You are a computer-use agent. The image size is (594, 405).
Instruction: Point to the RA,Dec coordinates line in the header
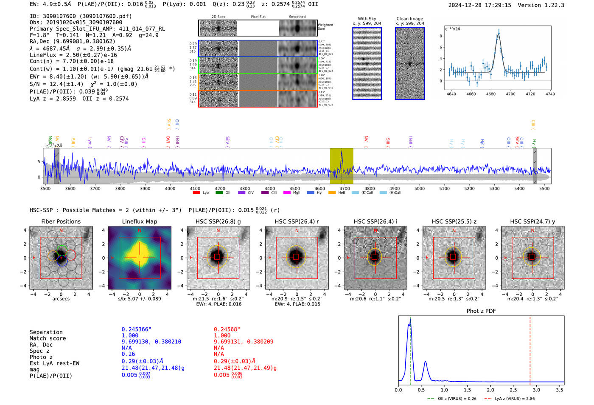(x=73, y=41)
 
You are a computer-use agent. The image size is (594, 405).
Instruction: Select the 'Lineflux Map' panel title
(x=139, y=221)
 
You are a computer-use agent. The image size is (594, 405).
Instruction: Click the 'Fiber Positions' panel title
(x=61, y=221)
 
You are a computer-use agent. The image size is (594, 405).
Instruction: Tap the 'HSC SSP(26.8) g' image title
(x=218, y=221)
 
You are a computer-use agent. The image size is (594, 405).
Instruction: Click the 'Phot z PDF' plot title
(x=481, y=311)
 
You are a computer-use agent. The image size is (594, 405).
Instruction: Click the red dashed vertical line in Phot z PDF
(x=530, y=348)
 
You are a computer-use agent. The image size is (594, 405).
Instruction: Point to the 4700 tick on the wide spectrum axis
(x=345, y=188)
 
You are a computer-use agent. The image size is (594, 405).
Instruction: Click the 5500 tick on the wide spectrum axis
(x=544, y=188)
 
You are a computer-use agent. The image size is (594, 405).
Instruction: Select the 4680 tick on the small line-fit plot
(x=491, y=94)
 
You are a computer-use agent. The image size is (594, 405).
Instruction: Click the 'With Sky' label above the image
(x=367, y=19)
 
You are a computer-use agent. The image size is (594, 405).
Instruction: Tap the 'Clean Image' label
(x=409, y=19)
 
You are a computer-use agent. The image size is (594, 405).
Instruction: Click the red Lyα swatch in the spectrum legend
(x=196, y=193)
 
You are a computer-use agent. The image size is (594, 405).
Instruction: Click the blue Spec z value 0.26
(x=128, y=354)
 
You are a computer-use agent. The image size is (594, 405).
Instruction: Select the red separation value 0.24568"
(x=227, y=329)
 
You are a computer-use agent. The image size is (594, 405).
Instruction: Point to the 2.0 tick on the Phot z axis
(x=490, y=390)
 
